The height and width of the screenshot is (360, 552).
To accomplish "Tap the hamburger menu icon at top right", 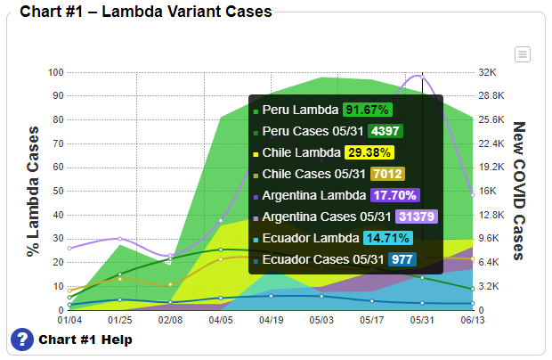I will [523, 54].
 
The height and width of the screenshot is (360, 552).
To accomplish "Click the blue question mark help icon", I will [22, 340].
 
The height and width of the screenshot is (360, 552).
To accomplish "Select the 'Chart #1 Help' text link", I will [85, 340].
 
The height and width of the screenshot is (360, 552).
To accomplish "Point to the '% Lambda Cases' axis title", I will [33, 191].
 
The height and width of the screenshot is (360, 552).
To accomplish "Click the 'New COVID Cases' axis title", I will [520, 191].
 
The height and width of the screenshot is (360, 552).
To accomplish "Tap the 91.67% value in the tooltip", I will [367, 110].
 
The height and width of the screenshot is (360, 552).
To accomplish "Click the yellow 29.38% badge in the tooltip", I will [369, 152].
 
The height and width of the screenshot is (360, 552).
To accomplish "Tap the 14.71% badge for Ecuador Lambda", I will [388, 238].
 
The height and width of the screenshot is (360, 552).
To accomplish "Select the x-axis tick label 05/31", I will [421, 319].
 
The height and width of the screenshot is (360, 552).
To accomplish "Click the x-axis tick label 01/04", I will [69, 319].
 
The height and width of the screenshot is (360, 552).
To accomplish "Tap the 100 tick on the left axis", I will [56, 72].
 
